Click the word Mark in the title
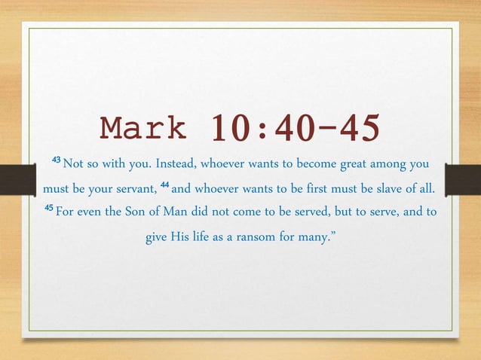click(144, 129)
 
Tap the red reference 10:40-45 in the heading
click(295, 129)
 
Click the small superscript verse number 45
click(48, 209)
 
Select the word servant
click(133, 187)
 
